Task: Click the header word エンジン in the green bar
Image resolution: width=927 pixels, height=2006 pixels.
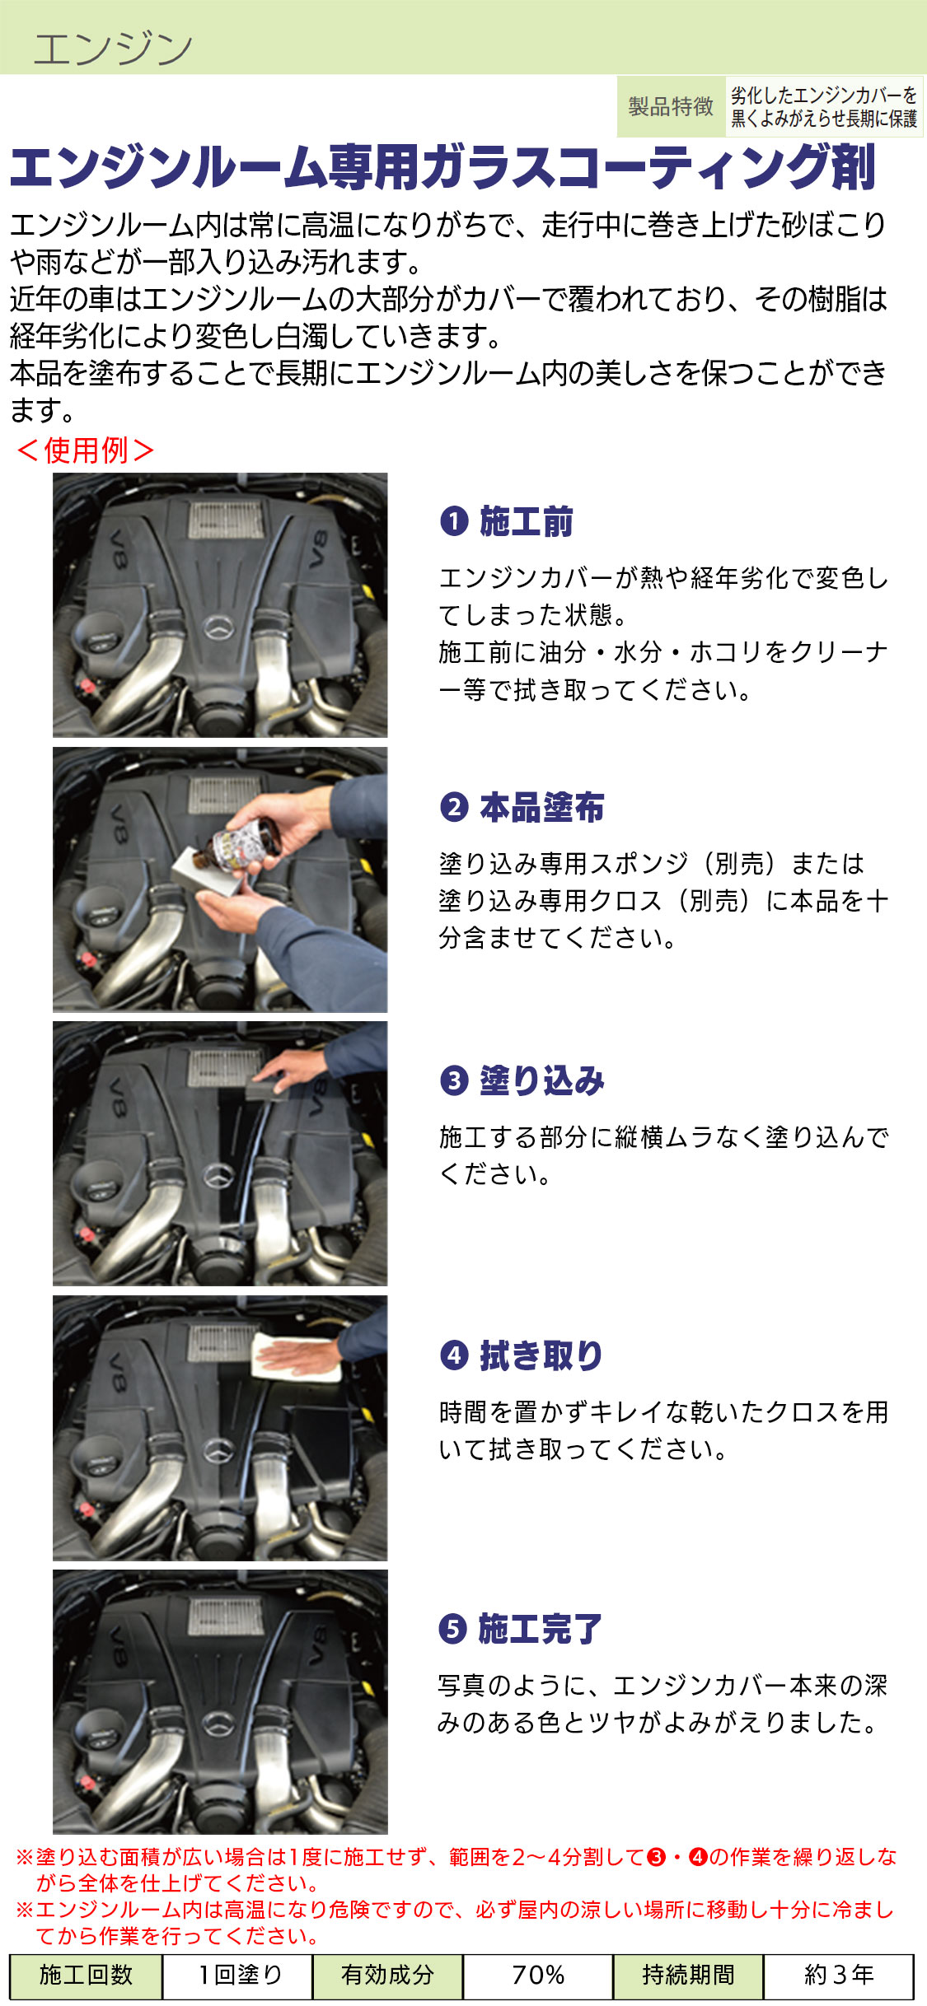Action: [113, 48]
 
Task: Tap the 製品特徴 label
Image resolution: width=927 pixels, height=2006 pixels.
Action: [671, 106]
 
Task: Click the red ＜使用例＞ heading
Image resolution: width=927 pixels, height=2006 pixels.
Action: [85, 450]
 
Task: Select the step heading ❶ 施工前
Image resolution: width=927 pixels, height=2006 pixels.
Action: [506, 521]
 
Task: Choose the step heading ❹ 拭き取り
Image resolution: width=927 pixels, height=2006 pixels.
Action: [522, 1355]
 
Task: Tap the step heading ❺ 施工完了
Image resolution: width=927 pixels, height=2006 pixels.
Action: [521, 1628]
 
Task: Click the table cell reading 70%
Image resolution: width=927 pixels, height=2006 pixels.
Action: [538, 1975]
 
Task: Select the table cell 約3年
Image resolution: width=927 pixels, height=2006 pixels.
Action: [839, 1975]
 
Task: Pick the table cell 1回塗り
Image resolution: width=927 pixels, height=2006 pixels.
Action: [237, 1975]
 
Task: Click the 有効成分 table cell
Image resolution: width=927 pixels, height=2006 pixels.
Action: [387, 1975]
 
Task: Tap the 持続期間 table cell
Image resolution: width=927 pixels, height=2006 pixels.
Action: [688, 1975]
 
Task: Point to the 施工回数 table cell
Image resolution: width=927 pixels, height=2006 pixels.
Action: [87, 1975]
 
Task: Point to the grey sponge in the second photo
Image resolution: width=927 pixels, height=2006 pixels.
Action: [207, 872]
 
